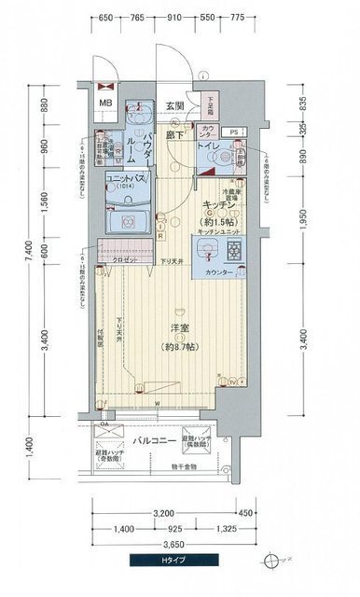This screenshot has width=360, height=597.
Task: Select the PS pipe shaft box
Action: tap(235, 132)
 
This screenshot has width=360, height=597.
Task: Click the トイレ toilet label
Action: tap(209, 146)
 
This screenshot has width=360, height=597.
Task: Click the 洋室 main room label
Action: tap(180, 328)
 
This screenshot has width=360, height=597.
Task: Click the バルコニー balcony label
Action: tap(149, 437)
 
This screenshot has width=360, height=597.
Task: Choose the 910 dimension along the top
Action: tap(201, 18)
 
